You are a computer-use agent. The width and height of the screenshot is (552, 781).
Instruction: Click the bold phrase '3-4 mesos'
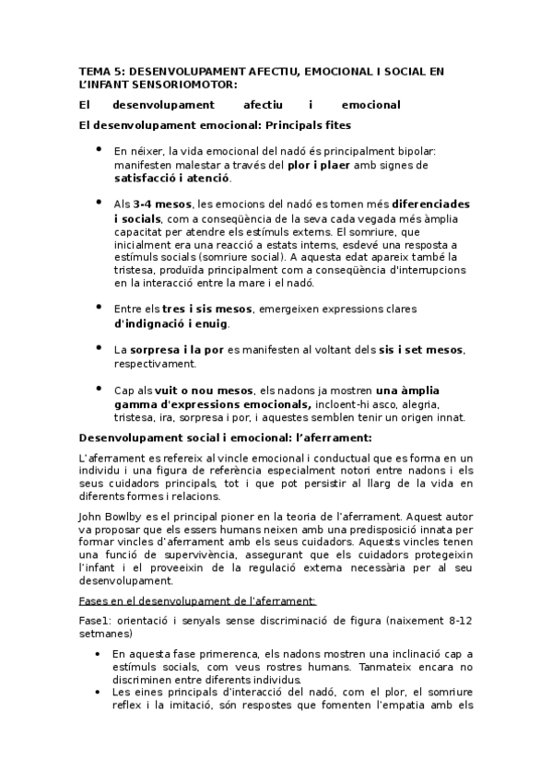point(160,203)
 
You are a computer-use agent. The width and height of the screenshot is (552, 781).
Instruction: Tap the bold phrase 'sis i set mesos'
point(420,350)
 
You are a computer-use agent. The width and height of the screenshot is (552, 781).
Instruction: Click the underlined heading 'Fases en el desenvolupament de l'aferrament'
point(198,600)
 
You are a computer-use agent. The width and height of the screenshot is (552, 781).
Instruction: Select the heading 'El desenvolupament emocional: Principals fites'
point(215,124)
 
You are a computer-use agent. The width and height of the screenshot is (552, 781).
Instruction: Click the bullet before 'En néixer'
point(100,149)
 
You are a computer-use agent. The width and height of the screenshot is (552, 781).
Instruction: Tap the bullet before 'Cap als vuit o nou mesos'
point(100,389)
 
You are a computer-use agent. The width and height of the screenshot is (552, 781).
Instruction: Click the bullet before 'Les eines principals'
point(100,692)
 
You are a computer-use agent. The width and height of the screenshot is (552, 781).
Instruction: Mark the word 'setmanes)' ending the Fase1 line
point(106,634)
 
